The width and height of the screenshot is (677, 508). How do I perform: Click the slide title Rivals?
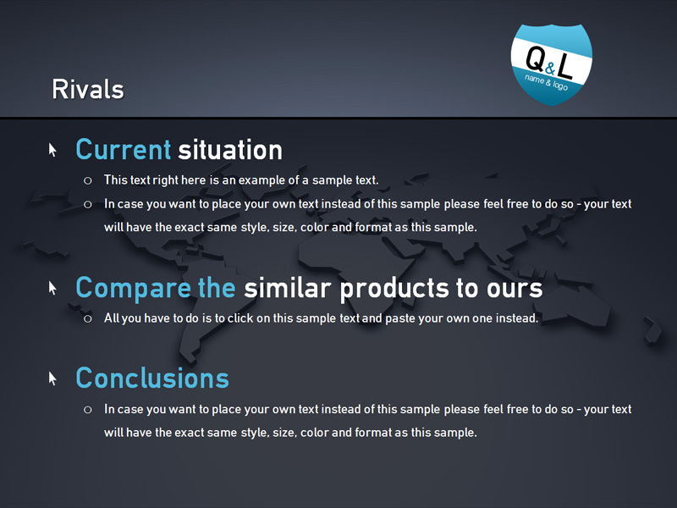(x=88, y=90)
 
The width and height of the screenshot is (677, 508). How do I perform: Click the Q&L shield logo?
(x=552, y=64)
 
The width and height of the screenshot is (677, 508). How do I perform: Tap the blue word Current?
(x=124, y=150)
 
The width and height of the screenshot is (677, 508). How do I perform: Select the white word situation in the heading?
(x=230, y=150)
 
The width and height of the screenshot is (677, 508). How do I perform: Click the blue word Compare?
(x=134, y=289)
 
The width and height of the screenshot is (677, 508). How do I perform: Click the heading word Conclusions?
(x=152, y=378)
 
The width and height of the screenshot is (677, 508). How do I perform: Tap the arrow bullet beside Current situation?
(x=52, y=151)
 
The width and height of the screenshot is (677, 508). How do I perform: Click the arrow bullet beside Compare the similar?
(x=52, y=289)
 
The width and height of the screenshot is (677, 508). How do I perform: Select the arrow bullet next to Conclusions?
(x=52, y=378)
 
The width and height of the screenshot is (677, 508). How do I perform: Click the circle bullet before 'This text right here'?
(x=88, y=180)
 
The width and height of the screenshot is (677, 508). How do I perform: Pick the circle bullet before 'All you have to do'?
(x=88, y=319)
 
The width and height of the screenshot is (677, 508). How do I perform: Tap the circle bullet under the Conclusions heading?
(x=88, y=410)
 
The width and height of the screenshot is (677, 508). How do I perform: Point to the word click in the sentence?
(x=240, y=318)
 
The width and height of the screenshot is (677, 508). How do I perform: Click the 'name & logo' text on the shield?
(x=546, y=82)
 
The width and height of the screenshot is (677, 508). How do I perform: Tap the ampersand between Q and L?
(x=549, y=69)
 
